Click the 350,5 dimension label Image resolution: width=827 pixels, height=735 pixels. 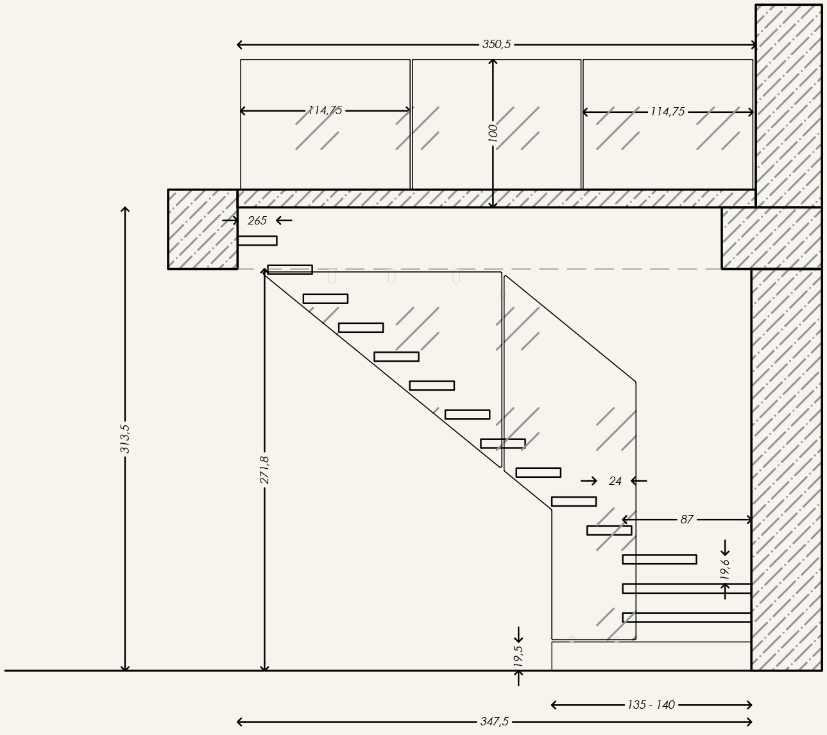tap(497, 44)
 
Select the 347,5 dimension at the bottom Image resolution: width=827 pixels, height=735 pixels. tap(494, 722)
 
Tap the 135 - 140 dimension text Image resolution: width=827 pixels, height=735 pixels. tap(651, 705)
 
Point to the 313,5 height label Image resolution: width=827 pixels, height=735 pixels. tap(125, 438)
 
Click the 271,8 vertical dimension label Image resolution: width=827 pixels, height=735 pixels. tap(264, 469)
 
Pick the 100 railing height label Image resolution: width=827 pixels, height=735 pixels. tap(493, 133)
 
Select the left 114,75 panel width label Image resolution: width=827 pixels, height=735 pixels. tap(325, 110)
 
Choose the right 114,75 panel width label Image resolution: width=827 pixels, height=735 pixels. tap(667, 112)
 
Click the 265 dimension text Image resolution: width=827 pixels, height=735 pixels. tap(257, 221)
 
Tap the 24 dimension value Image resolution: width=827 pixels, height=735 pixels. tap(615, 481)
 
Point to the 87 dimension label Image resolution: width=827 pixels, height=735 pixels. tap(686, 520)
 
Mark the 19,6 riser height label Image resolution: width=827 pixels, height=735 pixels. tap(725, 569)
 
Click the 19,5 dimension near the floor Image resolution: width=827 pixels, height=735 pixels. tap(518, 656)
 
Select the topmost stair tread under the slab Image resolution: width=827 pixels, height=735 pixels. tap(257, 241)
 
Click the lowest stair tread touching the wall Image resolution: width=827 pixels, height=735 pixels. tap(686, 617)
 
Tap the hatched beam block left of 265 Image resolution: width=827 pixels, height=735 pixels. tap(203, 229)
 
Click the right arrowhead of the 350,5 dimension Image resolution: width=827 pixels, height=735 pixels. tap(754, 45)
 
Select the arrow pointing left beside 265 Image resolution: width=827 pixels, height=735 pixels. tap(284, 221)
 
